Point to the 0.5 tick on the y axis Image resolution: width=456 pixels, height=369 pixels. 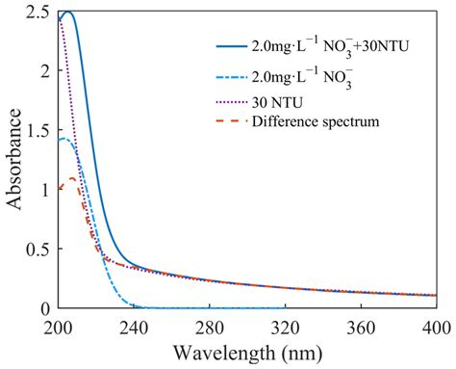(x=37, y=249)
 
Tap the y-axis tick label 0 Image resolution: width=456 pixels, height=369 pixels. (x=44, y=308)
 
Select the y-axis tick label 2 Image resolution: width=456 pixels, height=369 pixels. (x=44, y=70)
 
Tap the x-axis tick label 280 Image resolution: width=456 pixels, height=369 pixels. (x=210, y=327)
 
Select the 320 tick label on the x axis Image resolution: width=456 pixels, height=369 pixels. (x=285, y=327)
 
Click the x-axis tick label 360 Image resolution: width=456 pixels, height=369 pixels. (x=360, y=327)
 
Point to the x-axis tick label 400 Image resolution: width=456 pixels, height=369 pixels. (x=435, y=327)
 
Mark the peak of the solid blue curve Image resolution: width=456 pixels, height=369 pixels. (x=66, y=13)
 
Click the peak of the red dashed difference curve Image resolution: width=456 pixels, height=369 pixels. (x=71, y=178)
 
